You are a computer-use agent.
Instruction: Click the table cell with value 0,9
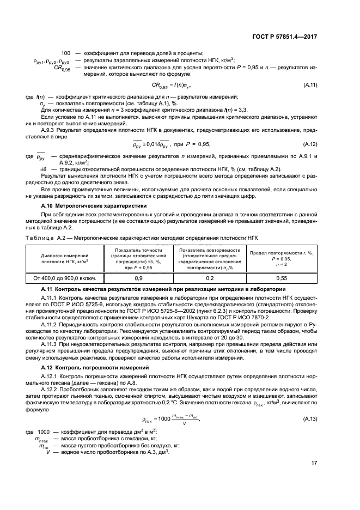pyautogui.click(x=138, y=277)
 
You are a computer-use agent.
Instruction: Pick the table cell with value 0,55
pyautogui.click(x=282, y=277)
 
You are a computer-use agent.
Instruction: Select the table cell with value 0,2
pyautogui.click(x=209, y=277)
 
